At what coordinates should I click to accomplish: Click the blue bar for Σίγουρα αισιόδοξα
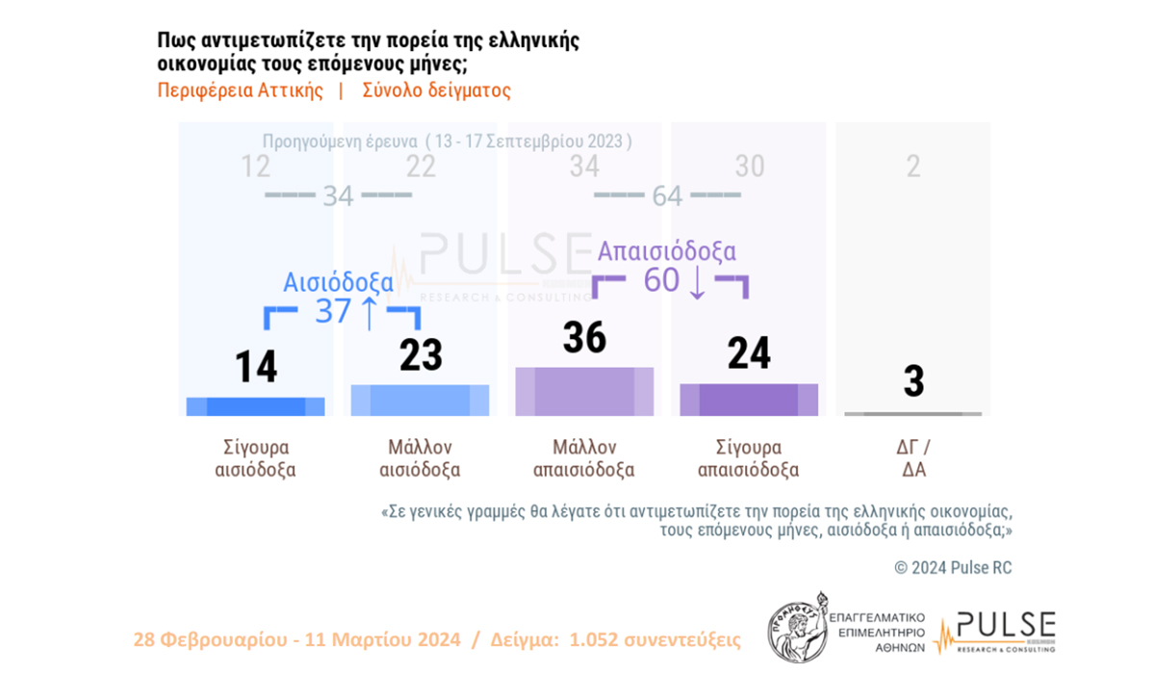click(x=255, y=406)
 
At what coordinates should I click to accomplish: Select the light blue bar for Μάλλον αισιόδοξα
click(x=420, y=401)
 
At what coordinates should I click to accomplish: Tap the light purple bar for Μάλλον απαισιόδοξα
click(x=584, y=392)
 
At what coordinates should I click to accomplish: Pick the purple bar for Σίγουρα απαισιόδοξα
click(x=749, y=400)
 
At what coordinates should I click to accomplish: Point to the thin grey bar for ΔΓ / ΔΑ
click(x=912, y=414)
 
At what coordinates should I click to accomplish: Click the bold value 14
click(x=256, y=367)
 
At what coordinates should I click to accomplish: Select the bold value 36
click(x=584, y=338)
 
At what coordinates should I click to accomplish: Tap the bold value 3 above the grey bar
click(x=913, y=381)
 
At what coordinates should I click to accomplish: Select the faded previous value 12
click(x=255, y=167)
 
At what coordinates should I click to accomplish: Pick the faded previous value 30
click(x=749, y=167)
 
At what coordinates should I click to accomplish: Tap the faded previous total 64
click(x=666, y=195)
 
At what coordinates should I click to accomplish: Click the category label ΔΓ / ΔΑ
click(x=913, y=459)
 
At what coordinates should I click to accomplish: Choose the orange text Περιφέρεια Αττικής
click(x=241, y=91)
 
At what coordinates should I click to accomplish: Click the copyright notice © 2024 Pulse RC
click(x=953, y=568)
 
